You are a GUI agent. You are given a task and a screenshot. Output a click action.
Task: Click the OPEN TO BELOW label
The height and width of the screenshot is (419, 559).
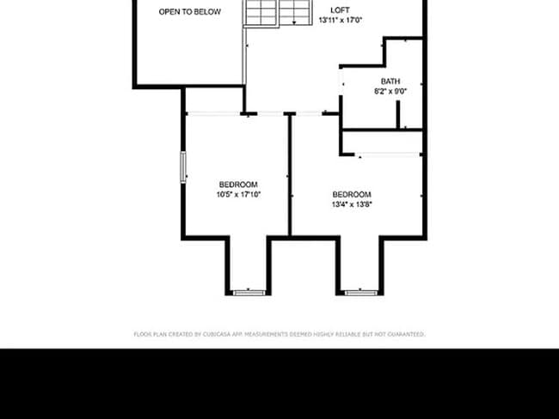[x=189, y=12]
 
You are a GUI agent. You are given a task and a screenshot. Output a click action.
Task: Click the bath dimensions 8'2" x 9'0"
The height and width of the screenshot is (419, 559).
[x=390, y=91]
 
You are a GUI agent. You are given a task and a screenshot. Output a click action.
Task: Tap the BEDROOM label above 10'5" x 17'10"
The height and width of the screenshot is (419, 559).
[x=237, y=185]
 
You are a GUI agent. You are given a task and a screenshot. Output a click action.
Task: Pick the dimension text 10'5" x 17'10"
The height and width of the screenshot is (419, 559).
[x=237, y=195]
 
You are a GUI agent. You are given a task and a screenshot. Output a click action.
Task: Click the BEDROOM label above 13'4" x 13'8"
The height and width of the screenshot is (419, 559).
[x=352, y=194]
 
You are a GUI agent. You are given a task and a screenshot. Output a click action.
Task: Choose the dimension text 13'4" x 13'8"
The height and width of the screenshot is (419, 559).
[x=352, y=204]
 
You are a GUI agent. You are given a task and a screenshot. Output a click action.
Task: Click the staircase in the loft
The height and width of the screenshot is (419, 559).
[x=278, y=12]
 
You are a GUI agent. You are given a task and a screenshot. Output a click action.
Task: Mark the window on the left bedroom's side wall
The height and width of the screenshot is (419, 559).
[x=182, y=167]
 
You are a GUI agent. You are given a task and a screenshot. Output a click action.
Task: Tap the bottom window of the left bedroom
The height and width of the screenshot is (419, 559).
[x=249, y=293]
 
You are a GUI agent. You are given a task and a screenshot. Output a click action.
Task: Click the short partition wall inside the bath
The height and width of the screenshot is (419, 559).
[x=398, y=117]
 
